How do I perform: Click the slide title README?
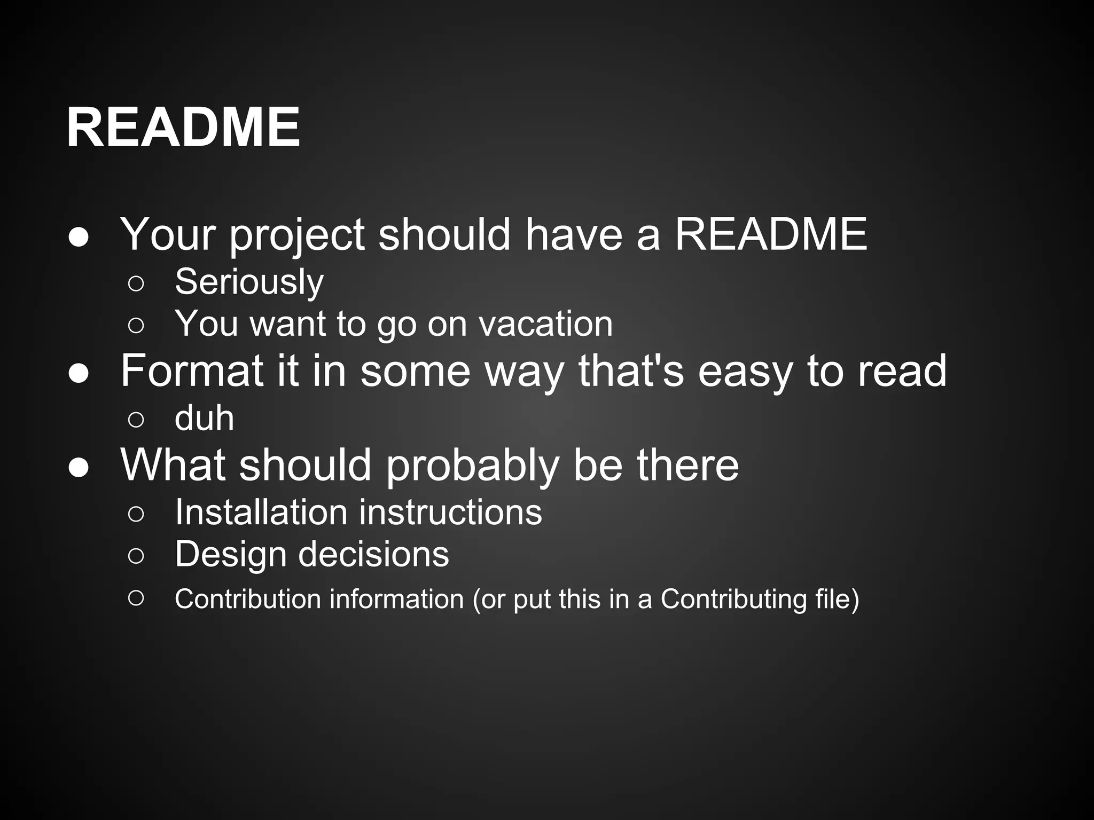pos(183,128)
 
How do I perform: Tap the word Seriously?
pos(249,282)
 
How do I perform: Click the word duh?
pos(204,418)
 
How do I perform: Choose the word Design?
pos(230,554)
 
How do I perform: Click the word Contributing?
pos(733,599)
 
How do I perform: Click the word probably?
pos(472,466)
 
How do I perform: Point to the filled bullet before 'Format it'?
pos(79,373)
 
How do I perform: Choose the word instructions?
pos(450,512)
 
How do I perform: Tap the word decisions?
pos(373,554)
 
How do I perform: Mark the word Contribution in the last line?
pos(247,599)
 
